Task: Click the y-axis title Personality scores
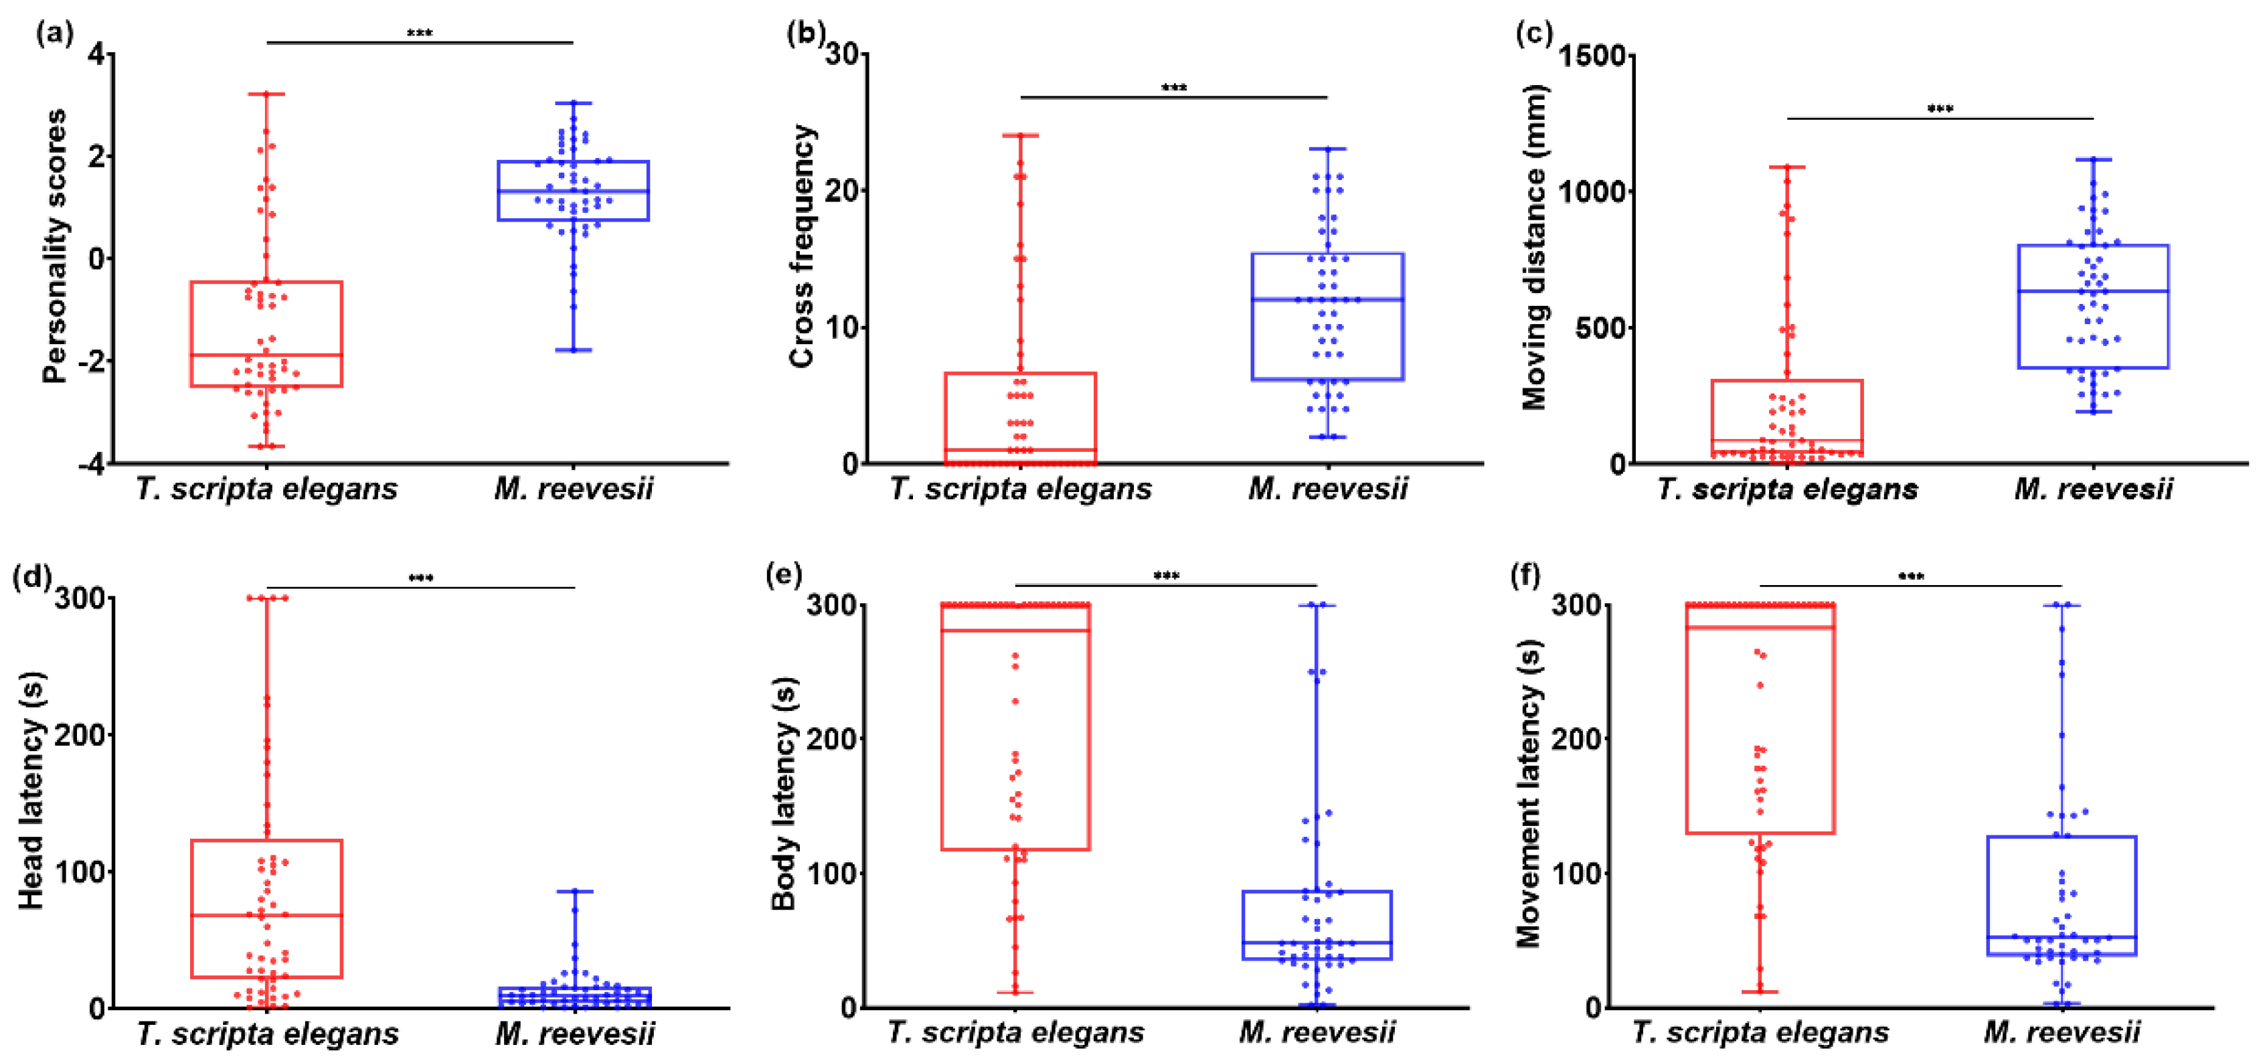(x=55, y=246)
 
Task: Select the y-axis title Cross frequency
(x=802, y=246)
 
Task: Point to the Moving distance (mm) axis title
(x=1534, y=248)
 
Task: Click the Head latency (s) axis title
(x=31, y=790)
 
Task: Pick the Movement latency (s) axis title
(x=1529, y=792)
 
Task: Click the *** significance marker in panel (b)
(x=1174, y=88)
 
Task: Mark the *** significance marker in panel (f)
(x=1910, y=577)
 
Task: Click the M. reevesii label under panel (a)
(x=574, y=489)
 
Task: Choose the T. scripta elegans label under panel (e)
(x=1015, y=1032)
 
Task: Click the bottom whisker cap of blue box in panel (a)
(x=574, y=350)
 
